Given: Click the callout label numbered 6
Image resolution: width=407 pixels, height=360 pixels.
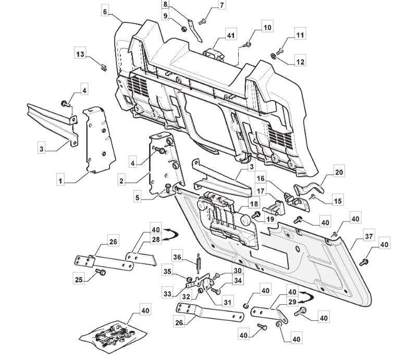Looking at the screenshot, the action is (x=105, y=11).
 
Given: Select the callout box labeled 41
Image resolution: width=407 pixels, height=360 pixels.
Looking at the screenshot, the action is (x=231, y=35).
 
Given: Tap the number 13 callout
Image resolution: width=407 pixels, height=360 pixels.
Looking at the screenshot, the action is (x=80, y=54).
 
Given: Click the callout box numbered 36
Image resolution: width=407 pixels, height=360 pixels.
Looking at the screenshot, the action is (x=177, y=257).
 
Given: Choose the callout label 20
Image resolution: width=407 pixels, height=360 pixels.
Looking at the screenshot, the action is (x=339, y=172).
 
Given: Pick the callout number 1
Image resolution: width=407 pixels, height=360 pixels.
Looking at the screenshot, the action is (x=60, y=181).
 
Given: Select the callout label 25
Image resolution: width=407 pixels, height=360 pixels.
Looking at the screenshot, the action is (x=79, y=279).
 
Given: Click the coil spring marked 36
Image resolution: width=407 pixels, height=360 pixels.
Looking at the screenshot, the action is (x=199, y=263).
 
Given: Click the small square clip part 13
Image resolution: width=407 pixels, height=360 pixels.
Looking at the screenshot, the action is (x=104, y=68).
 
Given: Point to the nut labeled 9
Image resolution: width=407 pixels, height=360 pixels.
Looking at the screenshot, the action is (x=183, y=29).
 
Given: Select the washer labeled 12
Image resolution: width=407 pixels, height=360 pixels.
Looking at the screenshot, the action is (x=273, y=56).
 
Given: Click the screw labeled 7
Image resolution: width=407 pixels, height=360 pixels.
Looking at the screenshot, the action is (x=203, y=22).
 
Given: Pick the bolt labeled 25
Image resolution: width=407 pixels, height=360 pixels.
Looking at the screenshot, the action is (x=101, y=272).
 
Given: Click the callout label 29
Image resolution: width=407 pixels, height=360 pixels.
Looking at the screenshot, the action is (x=292, y=302).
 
